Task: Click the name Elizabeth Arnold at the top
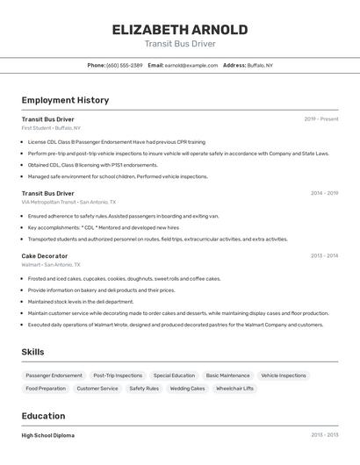[180, 30]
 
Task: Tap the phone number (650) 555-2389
[125, 65]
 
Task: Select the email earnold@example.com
[191, 65]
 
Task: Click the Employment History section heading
[65, 100]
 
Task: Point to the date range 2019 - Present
[321, 119]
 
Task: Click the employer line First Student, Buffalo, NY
[51, 128]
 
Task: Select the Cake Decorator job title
[45, 256]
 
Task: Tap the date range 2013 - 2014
[324, 256]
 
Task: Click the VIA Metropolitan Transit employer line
[68, 202]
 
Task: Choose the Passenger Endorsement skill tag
[54, 376]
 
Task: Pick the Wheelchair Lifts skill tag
[234, 388]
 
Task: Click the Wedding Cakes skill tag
[187, 388]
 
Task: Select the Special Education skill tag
[174, 376]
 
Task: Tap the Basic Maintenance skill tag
[227, 376]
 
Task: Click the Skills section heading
[33, 352]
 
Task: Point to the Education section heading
[43, 416]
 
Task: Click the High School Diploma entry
[48, 435]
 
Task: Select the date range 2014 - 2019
[324, 193]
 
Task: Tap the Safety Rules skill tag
[144, 388]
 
